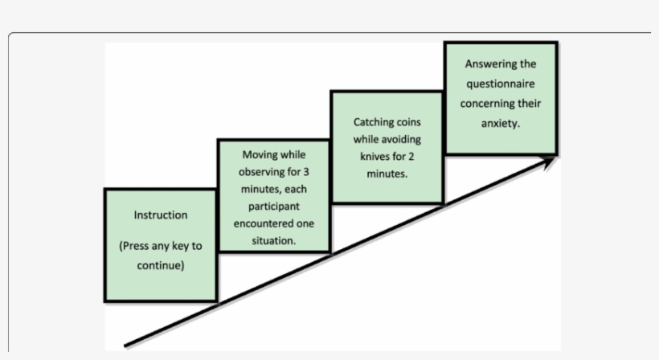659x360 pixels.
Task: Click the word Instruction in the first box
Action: click(161, 215)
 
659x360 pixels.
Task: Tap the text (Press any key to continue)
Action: click(161, 256)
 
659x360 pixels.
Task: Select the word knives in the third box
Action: click(375, 156)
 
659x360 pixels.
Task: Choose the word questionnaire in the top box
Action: click(500, 84)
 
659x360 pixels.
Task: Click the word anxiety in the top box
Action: click(499, 124)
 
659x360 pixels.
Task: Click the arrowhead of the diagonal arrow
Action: click(550, 161)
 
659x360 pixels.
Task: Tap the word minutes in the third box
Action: click(387, 174)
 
